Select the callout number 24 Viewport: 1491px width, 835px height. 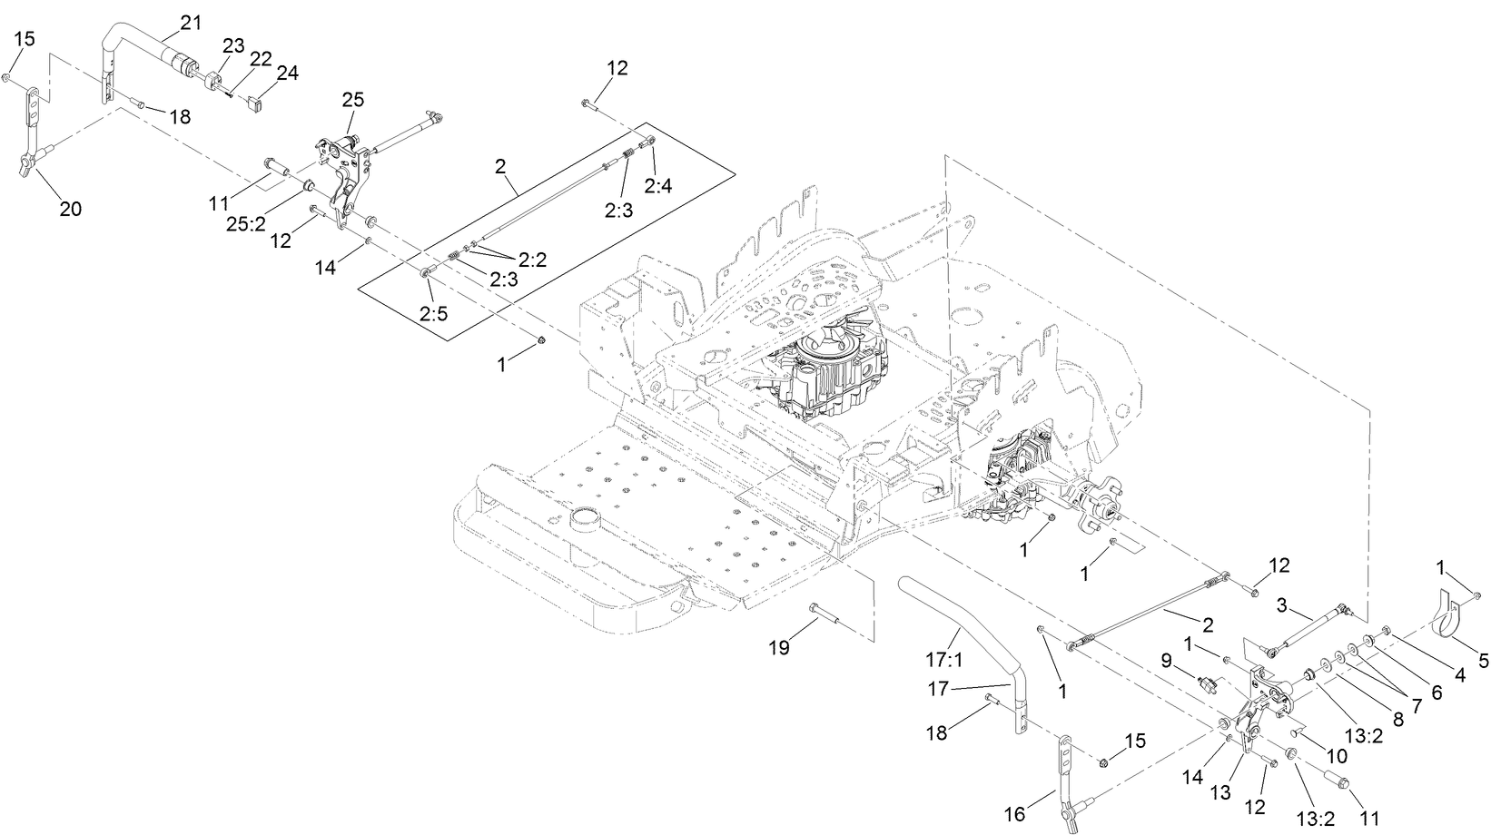288,74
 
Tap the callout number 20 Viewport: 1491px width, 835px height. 70,209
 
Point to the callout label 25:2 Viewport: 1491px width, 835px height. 247,222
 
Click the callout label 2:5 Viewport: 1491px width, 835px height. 432,313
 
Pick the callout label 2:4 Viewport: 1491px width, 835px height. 658,186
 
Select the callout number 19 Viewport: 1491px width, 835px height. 779,648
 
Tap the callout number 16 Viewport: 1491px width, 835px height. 1015,814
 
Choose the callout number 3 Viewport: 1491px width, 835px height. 1282,604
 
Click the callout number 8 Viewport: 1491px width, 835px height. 1397,722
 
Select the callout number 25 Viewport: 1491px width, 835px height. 352,98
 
